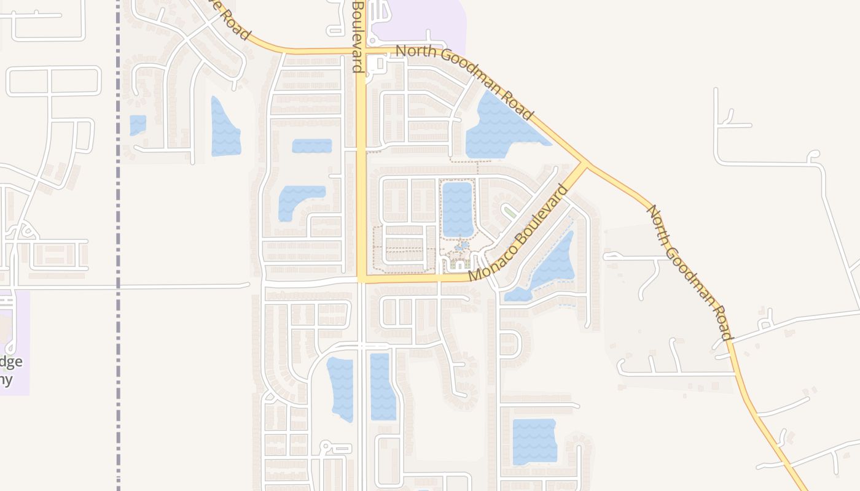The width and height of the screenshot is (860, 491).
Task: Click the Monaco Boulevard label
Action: coord(518,233)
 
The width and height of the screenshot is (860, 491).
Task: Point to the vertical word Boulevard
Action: coord(357,37)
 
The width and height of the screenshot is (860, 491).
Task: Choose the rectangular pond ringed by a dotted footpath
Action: coord(458,209)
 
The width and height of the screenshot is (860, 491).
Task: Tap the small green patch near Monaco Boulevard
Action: coord(509,212)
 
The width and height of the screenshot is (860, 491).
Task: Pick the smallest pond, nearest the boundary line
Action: coord(138,125)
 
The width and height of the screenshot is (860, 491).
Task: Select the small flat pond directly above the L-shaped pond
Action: coord(311,146)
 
